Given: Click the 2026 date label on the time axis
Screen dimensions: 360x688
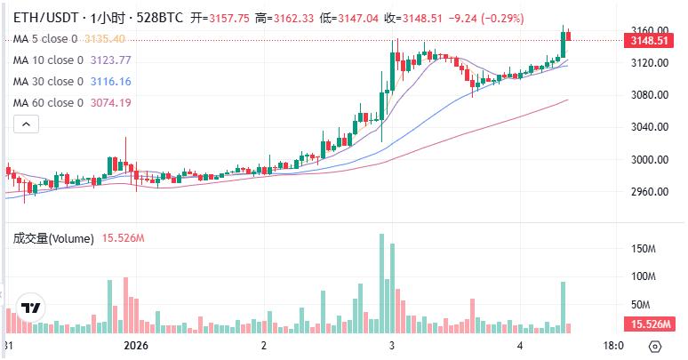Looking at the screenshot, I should click(x=136, y=345).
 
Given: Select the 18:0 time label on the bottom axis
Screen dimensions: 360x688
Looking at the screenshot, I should click(x=613, y=345).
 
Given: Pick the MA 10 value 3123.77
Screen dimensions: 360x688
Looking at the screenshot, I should click(x=111, y=60).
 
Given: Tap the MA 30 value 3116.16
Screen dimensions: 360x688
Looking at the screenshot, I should click(x=111, y=82).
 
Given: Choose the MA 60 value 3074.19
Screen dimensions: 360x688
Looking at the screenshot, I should click(x=111, y=103).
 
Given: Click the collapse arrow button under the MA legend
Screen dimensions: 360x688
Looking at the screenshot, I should click(x=24, y=125).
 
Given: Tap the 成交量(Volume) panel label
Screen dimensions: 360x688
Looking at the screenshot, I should click(x=53, y=238).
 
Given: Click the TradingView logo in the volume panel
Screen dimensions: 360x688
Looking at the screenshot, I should click(x=31, y=308).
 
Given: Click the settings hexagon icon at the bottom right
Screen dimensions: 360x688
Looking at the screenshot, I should click(x=655, y=346).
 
